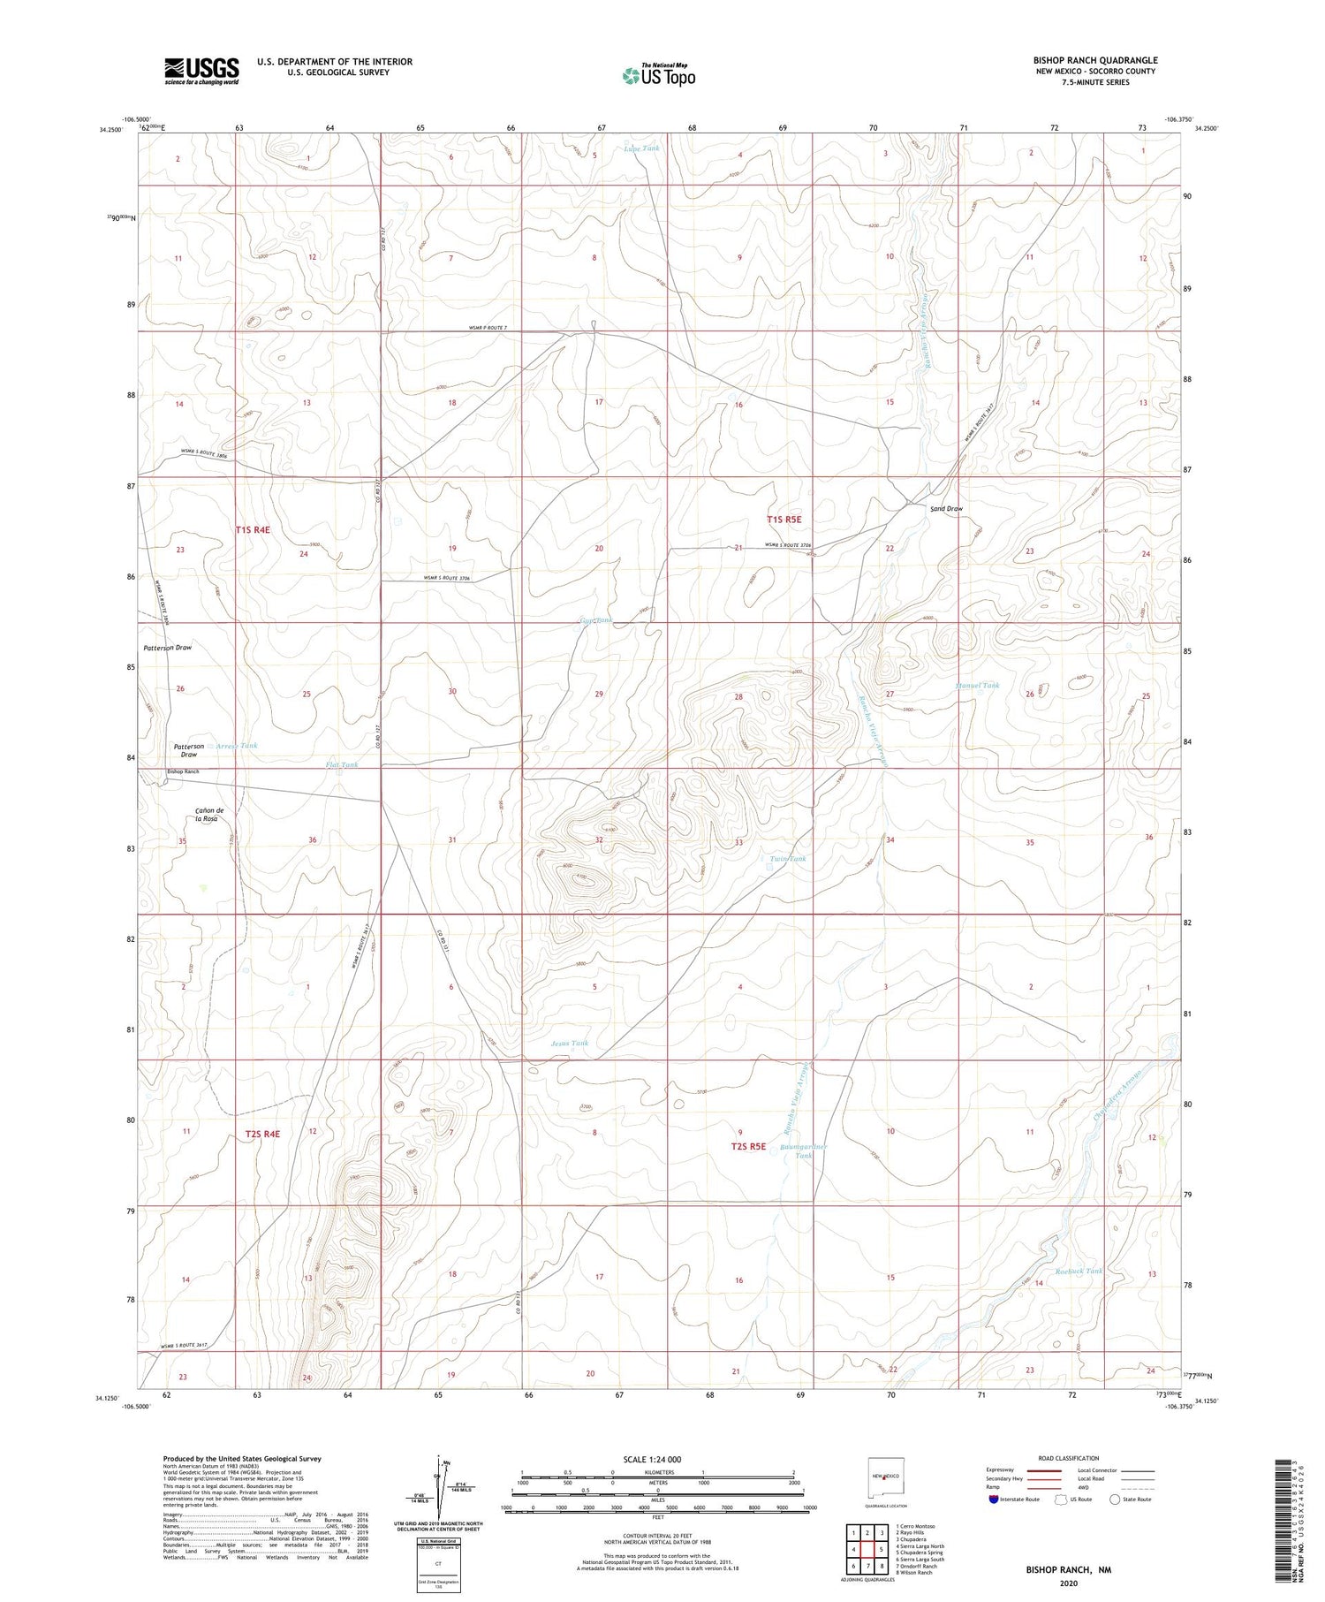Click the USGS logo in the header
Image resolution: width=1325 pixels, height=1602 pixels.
pos(201,71)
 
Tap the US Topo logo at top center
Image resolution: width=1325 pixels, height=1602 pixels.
pos(658,75)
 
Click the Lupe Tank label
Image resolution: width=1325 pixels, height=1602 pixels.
pos(641,148)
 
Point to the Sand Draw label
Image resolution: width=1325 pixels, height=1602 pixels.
pos(946,509)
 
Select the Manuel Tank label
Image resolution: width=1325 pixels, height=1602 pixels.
pos(977,685)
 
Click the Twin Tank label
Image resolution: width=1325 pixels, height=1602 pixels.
pos(788,858)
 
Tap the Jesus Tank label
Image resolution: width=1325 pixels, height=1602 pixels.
pos(569,1043)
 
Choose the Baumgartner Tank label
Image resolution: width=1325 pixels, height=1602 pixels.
pos(803,1150)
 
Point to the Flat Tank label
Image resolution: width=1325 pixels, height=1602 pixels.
pos(342,764)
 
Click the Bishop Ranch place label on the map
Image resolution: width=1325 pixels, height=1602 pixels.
pos(183,771)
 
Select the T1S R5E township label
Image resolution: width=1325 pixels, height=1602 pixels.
pos(784,520)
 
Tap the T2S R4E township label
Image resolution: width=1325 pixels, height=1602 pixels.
pos(262,1134)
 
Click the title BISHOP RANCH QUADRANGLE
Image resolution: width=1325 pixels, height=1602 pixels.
pos(1094,60)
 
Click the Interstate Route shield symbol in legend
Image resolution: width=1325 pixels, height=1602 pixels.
pos(994,1500)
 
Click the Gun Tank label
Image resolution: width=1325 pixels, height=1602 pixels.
pos(595,621)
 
